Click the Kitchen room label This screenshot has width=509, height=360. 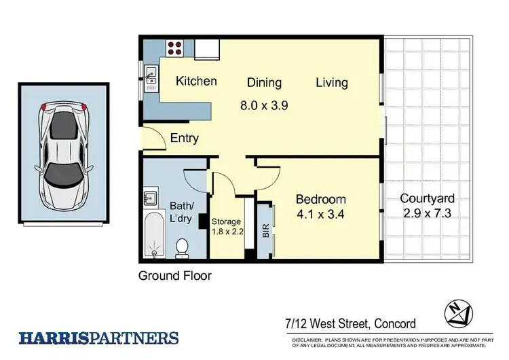[196, 82]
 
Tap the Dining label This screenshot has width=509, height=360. [264, 83]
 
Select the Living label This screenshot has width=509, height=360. [332, 83]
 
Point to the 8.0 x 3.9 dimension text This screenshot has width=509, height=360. [264, 106]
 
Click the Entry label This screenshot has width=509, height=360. [184, 138]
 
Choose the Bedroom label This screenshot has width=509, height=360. [320, 200]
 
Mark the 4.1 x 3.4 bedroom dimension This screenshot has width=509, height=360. [320, 215]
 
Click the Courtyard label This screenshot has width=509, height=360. [427, 199]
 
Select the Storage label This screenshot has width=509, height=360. [226, 221]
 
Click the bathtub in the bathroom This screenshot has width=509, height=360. [155, 235]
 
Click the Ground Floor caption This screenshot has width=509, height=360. [175, 276]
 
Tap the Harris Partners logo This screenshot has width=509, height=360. [98, 338]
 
